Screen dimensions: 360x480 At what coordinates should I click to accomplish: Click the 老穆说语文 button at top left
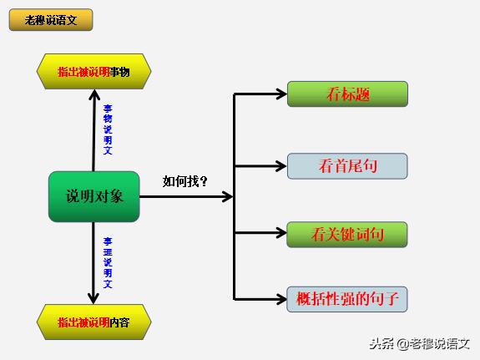click(51, 20)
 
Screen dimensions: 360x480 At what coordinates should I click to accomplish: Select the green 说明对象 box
click(93, 196)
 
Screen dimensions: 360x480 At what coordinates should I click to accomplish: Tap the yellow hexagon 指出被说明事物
click(93, 72)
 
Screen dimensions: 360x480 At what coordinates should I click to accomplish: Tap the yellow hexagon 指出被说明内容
click(93, 322)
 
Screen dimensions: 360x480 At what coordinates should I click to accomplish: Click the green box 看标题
click(347, 94)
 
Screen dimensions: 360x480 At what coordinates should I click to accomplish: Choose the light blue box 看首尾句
click(347, 166)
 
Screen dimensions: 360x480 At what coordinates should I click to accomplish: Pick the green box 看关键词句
click(347, 235)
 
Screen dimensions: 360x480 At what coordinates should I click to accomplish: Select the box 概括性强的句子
click(347, 298)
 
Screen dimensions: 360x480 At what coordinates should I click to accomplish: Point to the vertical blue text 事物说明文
click(108, 129)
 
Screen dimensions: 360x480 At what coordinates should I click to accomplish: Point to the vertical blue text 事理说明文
click(108, 262)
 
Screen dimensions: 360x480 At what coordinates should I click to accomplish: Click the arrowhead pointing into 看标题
click(281, 94)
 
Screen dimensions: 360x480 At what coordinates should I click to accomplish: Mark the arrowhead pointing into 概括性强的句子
click(281, 298)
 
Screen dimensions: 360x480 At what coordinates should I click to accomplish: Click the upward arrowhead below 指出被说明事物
click(93, 94)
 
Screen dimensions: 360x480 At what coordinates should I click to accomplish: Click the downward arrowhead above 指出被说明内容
click(93, 299)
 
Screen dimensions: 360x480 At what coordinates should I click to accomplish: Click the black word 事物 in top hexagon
click(119, 72)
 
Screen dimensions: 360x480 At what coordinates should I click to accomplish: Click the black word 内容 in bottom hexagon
click(119, 322)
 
